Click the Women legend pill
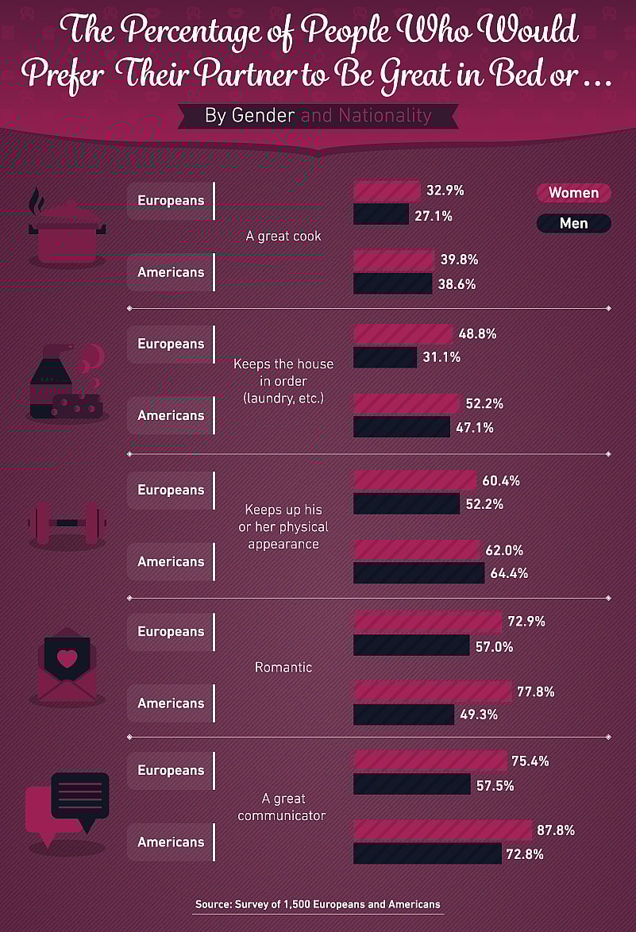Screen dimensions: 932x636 tap(573, 193)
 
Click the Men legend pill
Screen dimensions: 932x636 tap(573, 223)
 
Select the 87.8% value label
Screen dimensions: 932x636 tap(556, 830)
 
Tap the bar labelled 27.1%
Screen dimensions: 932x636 tap(380, 214)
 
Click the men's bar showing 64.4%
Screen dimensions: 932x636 tap(418, 572)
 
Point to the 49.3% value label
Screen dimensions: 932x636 tap(479, 714)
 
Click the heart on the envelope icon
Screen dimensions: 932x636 tap(67, 658)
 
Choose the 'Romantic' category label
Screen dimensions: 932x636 tap(283, 668)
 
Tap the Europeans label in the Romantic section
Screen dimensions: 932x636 tap(170, 632)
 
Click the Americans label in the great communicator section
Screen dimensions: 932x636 tap(170, 842)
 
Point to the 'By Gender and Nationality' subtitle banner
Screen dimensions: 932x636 tap(318, 115)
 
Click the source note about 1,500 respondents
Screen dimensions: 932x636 tap(318, 904)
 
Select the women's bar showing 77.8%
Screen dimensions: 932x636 tap(432, 691)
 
